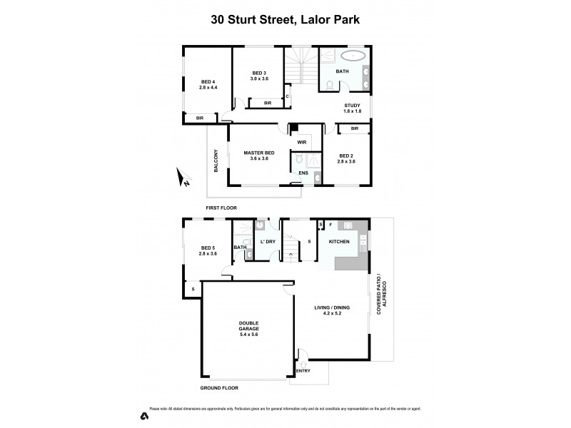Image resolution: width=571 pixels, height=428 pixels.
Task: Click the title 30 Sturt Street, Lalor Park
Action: pos(285,20)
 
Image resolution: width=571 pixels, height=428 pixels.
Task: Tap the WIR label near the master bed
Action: pos(303,142)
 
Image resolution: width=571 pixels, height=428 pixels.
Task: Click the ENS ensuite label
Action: pos(303,173)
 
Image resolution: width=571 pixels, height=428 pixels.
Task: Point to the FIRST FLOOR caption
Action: pos(221,208)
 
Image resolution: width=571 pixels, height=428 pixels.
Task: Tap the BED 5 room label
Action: pos(208,250)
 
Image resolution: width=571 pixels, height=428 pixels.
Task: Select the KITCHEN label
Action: pos(338,243)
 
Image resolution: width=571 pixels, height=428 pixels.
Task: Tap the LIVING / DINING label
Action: pos(332,311)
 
